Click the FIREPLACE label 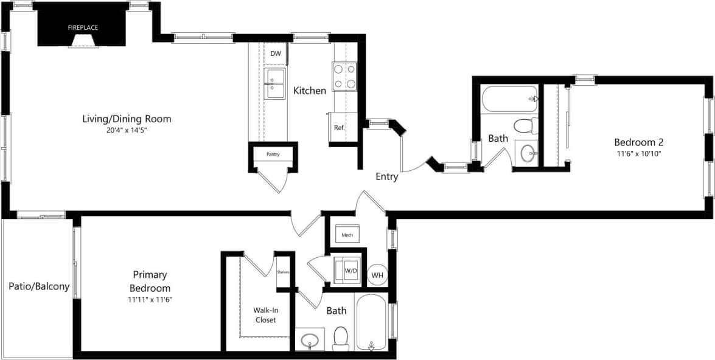coord(83,27)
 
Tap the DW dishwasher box coord(276,54)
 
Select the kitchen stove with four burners coord(344,77)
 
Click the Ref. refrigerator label coord(339,128)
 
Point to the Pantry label coord(273,154)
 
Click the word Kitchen coord(310,91)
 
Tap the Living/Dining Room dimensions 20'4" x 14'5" coord(127,130)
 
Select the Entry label coord(386,177)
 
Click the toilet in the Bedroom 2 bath coord(524,126)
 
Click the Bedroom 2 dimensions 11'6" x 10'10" coord(638,154)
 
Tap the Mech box coord(347,234)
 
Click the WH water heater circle coord(377,275)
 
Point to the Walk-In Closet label coord(265,314)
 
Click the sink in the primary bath coord(311,337)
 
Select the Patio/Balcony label coord(39,286)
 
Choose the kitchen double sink coord(275,84)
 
